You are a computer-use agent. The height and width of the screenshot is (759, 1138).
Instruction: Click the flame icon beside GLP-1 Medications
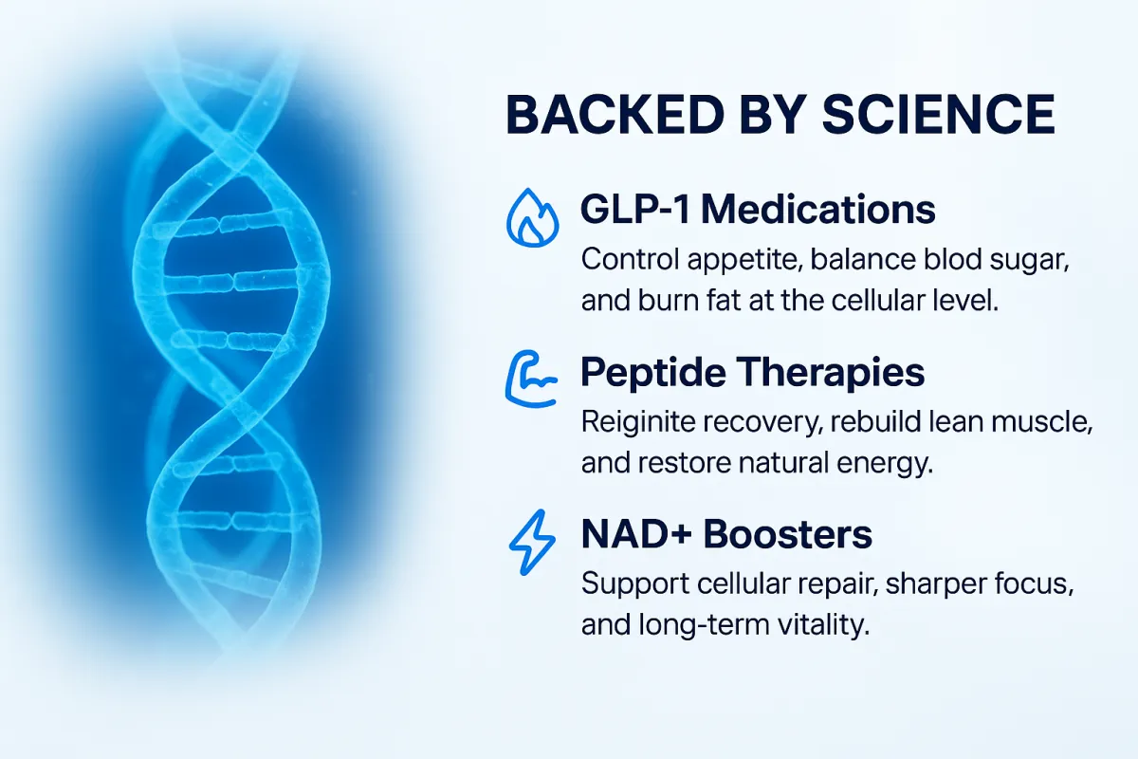tap(532, 217)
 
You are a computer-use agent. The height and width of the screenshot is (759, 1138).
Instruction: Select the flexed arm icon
tap(531, 379)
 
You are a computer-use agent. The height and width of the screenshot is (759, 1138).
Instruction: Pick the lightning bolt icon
tap(532, 543)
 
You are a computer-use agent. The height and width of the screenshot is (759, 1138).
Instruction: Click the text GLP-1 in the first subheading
tap(635, 209)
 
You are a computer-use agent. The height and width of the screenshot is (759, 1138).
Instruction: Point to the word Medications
tap(817, 209)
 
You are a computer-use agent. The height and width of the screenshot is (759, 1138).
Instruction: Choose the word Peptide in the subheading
tap(653, 373)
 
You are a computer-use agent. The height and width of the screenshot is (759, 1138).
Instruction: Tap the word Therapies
tap(830, 373)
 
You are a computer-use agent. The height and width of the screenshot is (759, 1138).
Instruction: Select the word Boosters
tap(787, 534)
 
